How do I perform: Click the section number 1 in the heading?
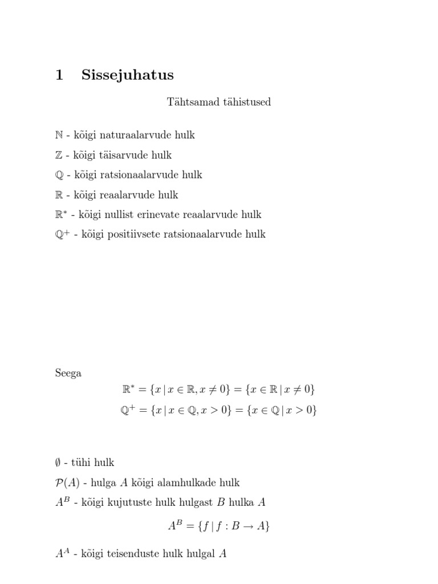click(x=59, y=75)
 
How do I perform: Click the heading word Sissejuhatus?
click(x=127, y=75)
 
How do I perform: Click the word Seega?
click(x=68, y=374)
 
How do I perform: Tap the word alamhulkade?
click(x=190, y=483)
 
